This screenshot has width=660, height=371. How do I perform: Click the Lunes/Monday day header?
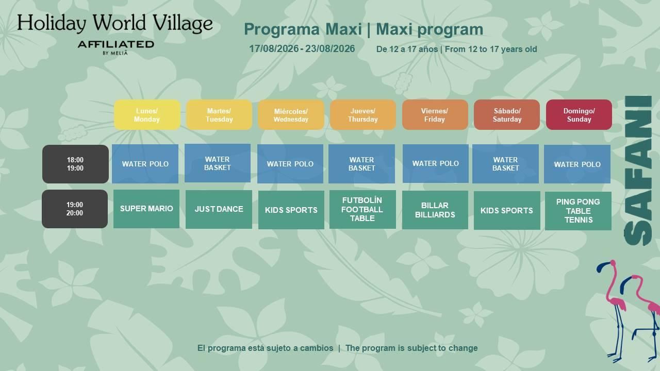(x=147, y=115)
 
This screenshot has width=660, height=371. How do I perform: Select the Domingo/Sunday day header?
(x=579, y=115)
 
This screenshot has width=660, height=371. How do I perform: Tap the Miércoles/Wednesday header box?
(x=291, y=115)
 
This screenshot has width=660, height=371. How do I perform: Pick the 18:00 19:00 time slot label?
(x=75, y=164)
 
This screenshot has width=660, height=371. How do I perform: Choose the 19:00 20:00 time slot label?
(x=75, y=209)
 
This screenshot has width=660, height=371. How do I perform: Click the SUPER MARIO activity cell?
(x=146, y=209)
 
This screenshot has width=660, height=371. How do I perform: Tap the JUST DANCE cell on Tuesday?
(x=219, y=209)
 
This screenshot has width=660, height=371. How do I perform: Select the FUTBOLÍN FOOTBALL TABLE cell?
(x=362, y=209)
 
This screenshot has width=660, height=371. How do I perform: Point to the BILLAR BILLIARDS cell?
(x=435, y=210)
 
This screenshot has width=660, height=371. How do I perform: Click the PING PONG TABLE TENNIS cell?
(x=578, y=211)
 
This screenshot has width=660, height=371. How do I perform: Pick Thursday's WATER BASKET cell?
(x=362, y=164)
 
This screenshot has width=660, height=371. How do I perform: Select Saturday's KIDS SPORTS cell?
(x=507, y=211)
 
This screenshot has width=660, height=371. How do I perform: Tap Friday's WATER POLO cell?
(x=436, y=163)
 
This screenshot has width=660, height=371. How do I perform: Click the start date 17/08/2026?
(x=274, y=49)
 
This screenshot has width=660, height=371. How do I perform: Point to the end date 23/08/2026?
(x=330, y=49)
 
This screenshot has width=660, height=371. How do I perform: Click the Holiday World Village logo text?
(x=115, y=23)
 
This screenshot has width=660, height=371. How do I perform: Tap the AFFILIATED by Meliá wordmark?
(x=116, y=48)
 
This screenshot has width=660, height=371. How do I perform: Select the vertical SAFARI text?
(x=638, y=171)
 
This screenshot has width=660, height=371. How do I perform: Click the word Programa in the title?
(x=282, y=29)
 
